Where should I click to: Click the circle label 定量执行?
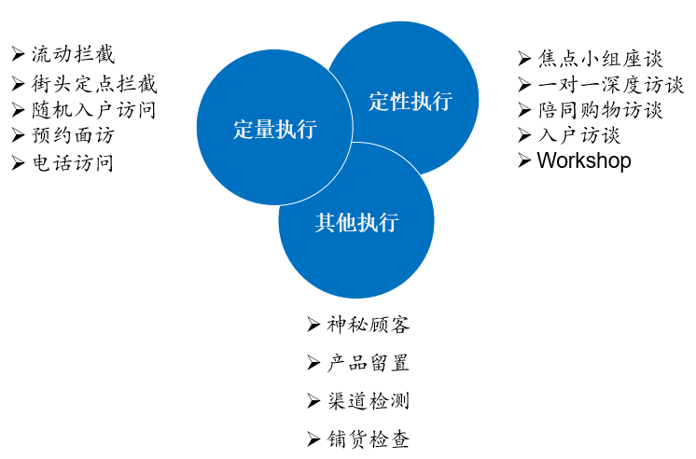[275, 129]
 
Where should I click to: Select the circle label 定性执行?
[411, 101]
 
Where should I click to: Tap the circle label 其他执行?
[357, 222]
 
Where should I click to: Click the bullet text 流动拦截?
[74, 55]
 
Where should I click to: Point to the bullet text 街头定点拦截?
[94, 84]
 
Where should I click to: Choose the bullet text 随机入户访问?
[93, 110]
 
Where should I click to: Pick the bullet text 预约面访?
[74, 135]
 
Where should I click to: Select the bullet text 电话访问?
[74, 163]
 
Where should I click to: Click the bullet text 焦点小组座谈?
[601, 59]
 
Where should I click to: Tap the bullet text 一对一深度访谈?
[611, 84]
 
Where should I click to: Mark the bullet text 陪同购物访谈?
[601, 110]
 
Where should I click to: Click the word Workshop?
[584, 160]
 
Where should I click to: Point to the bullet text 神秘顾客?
[369, 325]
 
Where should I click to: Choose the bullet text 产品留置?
[369, 363]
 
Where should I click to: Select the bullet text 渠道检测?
[369, 401]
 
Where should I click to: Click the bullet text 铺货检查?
[369, 439]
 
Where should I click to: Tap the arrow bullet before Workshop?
[524, 160]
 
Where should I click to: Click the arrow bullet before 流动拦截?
[18, 54]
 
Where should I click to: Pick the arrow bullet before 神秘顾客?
[313, 325]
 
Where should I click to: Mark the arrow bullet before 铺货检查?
[313, 439]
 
